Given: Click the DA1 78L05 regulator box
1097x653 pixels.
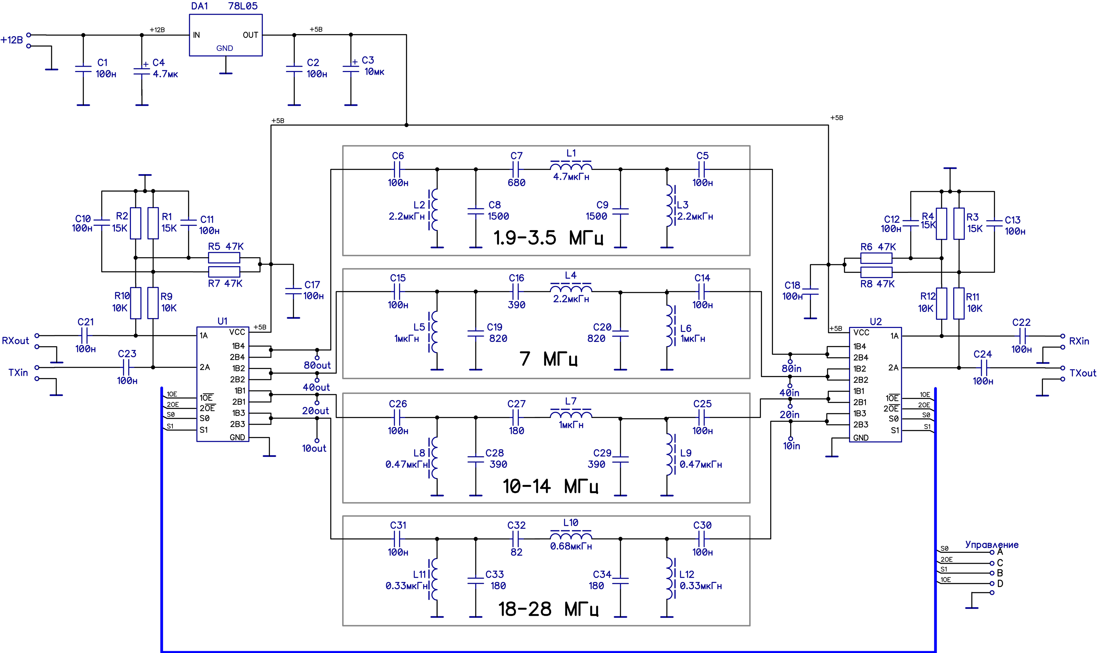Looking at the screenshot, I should (226, 35).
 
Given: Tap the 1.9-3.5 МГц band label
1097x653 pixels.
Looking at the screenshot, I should (548, 238).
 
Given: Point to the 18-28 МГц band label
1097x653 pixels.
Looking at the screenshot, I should (548, 609).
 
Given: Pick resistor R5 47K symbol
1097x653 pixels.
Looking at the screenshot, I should (224, 258).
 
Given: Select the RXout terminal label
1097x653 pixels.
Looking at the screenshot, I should (15, 341).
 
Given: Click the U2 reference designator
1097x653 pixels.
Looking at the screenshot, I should (876, 322).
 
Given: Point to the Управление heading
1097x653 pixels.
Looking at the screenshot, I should (991, 544).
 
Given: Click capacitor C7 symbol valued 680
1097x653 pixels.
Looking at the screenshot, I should (516, 169).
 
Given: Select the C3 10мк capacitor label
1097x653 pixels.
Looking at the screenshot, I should (373, 66).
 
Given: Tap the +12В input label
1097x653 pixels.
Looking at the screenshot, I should (12, 40).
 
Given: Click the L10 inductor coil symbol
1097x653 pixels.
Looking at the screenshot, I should (571, 536).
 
